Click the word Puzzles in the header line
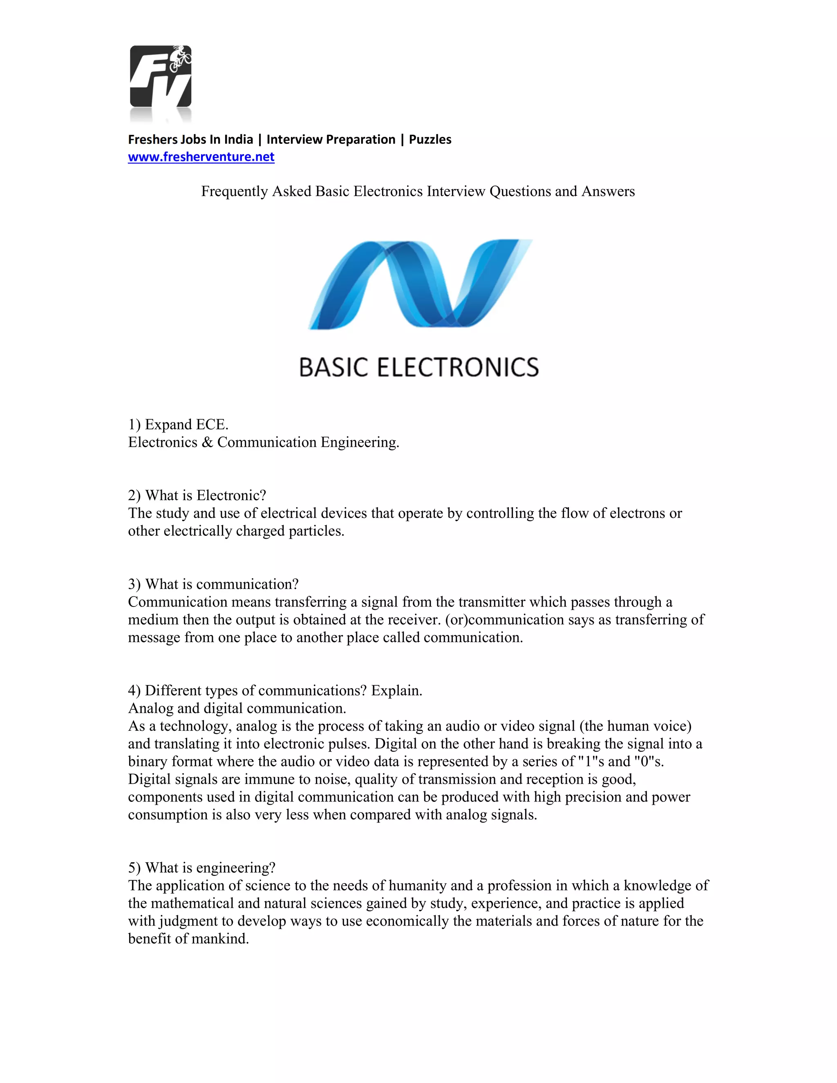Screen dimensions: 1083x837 [x=430, y=139]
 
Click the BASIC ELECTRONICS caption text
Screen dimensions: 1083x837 [x=418, y=367]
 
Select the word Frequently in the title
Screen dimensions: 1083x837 [x=235, y=191]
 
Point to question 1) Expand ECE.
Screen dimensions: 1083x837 [x=178, y=425]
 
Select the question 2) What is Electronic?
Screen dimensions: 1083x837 [x=197, y=495]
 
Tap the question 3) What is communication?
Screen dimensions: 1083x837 [x=213, y=584]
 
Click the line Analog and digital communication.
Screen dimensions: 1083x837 [x=237, y=708]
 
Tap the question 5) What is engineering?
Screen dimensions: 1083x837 [x=201, y=868]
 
